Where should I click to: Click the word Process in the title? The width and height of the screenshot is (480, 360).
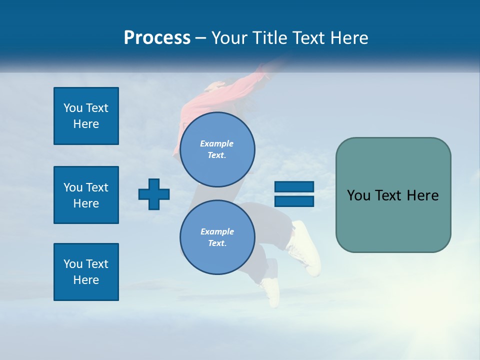coord(157,38)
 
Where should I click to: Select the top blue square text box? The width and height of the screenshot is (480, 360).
coord(86,116)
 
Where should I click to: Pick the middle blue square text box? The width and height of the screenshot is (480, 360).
coord(86,195)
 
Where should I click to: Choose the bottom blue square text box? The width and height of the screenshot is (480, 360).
coord(86,272)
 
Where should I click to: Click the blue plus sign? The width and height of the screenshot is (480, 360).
coord(154,193)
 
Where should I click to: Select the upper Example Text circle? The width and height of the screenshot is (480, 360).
coord(217,149)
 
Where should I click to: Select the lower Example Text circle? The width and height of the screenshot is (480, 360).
coord(217,237)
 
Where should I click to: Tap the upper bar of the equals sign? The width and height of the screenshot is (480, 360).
coord(294,187)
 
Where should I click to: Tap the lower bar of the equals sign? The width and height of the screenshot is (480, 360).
coord(294,201)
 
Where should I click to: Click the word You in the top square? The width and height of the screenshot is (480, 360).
coord(73,108)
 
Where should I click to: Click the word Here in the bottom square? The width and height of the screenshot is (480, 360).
coord(86,280)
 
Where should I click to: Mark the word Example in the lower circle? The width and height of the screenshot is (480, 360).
coord(217,231)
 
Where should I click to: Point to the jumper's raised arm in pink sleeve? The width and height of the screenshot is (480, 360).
coord(260,75)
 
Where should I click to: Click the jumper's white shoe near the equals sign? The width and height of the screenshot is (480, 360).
coord(306,247)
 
